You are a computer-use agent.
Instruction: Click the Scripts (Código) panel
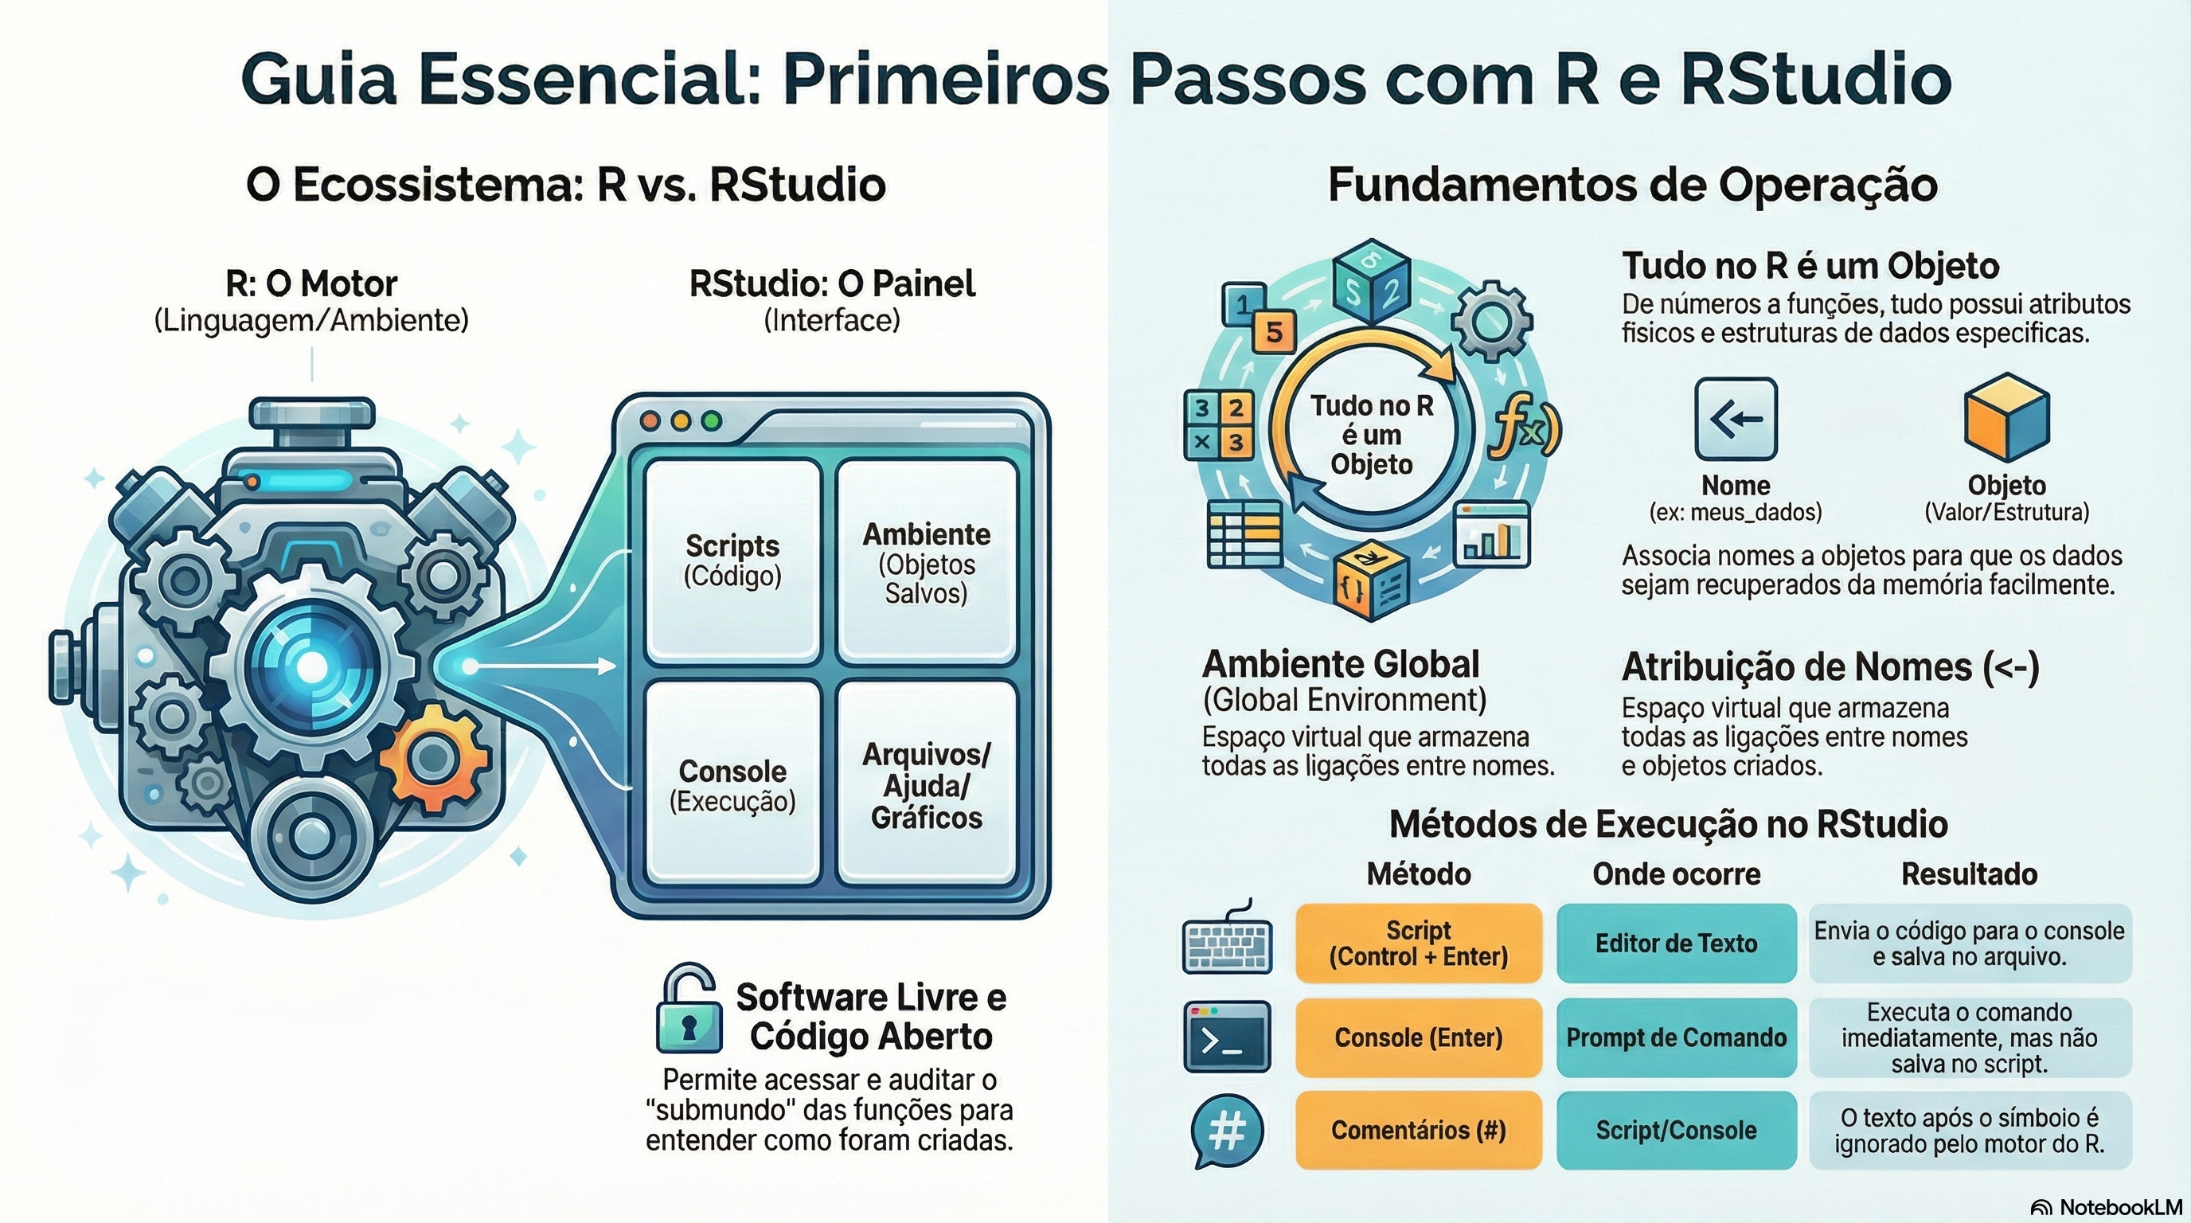click(x=732, y=561)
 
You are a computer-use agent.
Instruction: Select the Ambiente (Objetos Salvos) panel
click(x=926, y=561)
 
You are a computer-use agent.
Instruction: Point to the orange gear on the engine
click(x=434, y=757)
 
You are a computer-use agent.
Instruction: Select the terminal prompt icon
click(x=1227, y=1037)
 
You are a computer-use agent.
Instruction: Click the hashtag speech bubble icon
click(x=1227, y=1131)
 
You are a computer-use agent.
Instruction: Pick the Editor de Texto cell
click(x=1676, y=944)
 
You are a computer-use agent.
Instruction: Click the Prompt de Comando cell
click(x=1676, y=1037)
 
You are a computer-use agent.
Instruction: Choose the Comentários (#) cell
click(x=1418, y=1131)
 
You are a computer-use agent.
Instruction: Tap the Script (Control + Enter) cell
click(x=1418, y=944)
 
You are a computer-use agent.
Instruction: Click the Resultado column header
click(x=1969, y=874)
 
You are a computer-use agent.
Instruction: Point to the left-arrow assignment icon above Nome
click(x=1735, y=419)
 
